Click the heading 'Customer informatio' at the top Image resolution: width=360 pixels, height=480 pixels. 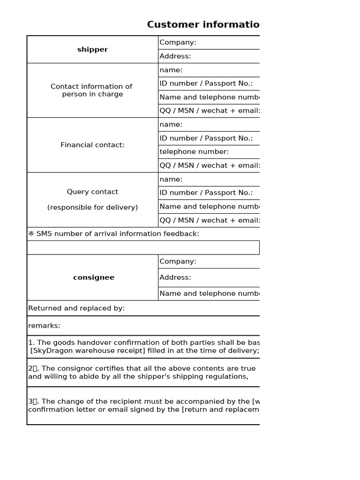pyautogui.click(x=203, y=25)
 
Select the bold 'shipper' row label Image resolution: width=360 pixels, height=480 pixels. pyautogui.click(x=92, y=50)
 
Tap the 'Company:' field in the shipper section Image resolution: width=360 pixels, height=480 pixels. pyautogui.click(x=178, y=43)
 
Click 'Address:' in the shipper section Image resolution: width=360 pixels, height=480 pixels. pyautogui.click(x=175, y=56)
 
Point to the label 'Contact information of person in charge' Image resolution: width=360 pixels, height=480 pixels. pyautogui.click(x=92, y=90)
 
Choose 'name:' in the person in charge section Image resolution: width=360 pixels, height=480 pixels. pyautogui.click(x=171, y=70)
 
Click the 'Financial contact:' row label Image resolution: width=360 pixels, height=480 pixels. pyautogui.click(x=92, y=145)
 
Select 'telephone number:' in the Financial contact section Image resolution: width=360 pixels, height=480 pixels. pyautogui.click(x=194, y=152)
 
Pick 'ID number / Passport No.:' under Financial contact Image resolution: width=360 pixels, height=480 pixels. pyautogui.click(x=206, y=138)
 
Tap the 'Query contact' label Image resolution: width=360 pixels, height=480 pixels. pyautogui.click(x=92, y=192)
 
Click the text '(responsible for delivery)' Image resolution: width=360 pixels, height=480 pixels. pyautogui.click(x=92, y=208)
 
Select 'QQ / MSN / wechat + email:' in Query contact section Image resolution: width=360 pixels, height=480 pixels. pyautogui.click(x=210, y=220)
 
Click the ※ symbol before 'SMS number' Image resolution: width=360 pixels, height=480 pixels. pyautogui.click(x=31, y=234)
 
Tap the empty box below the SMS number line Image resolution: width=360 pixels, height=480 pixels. pyautogui.click(x=143, y=247)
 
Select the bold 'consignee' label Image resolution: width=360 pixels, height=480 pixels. pyautogui.click(x=93, y=277)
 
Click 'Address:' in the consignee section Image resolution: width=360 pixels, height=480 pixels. pyautogui.click(x=175, y=277)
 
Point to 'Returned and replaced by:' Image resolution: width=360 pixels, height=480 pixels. pyautogui.click(x=76, y=308)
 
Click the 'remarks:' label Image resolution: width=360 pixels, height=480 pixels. pyautogui.click(x=44, y=326)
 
